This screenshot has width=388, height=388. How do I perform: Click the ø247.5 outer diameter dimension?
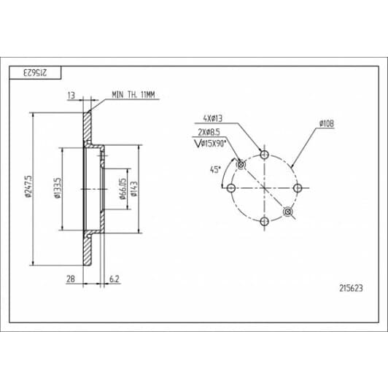click(28, 187)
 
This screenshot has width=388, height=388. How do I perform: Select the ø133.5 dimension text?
click(58, 188)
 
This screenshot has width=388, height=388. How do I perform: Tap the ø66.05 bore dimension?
click(123, 189)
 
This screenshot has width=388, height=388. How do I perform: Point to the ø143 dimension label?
click(134, 189)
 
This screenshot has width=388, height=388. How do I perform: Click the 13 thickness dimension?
click(71, 96)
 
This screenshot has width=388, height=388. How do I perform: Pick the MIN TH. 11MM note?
click(133, 95)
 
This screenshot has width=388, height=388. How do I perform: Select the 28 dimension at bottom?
click(71, 279)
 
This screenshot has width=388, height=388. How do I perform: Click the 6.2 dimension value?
click(114, 279)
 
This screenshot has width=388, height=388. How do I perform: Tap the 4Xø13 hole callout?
click(212, 118)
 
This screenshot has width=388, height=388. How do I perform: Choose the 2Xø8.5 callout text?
click(209, 132)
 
